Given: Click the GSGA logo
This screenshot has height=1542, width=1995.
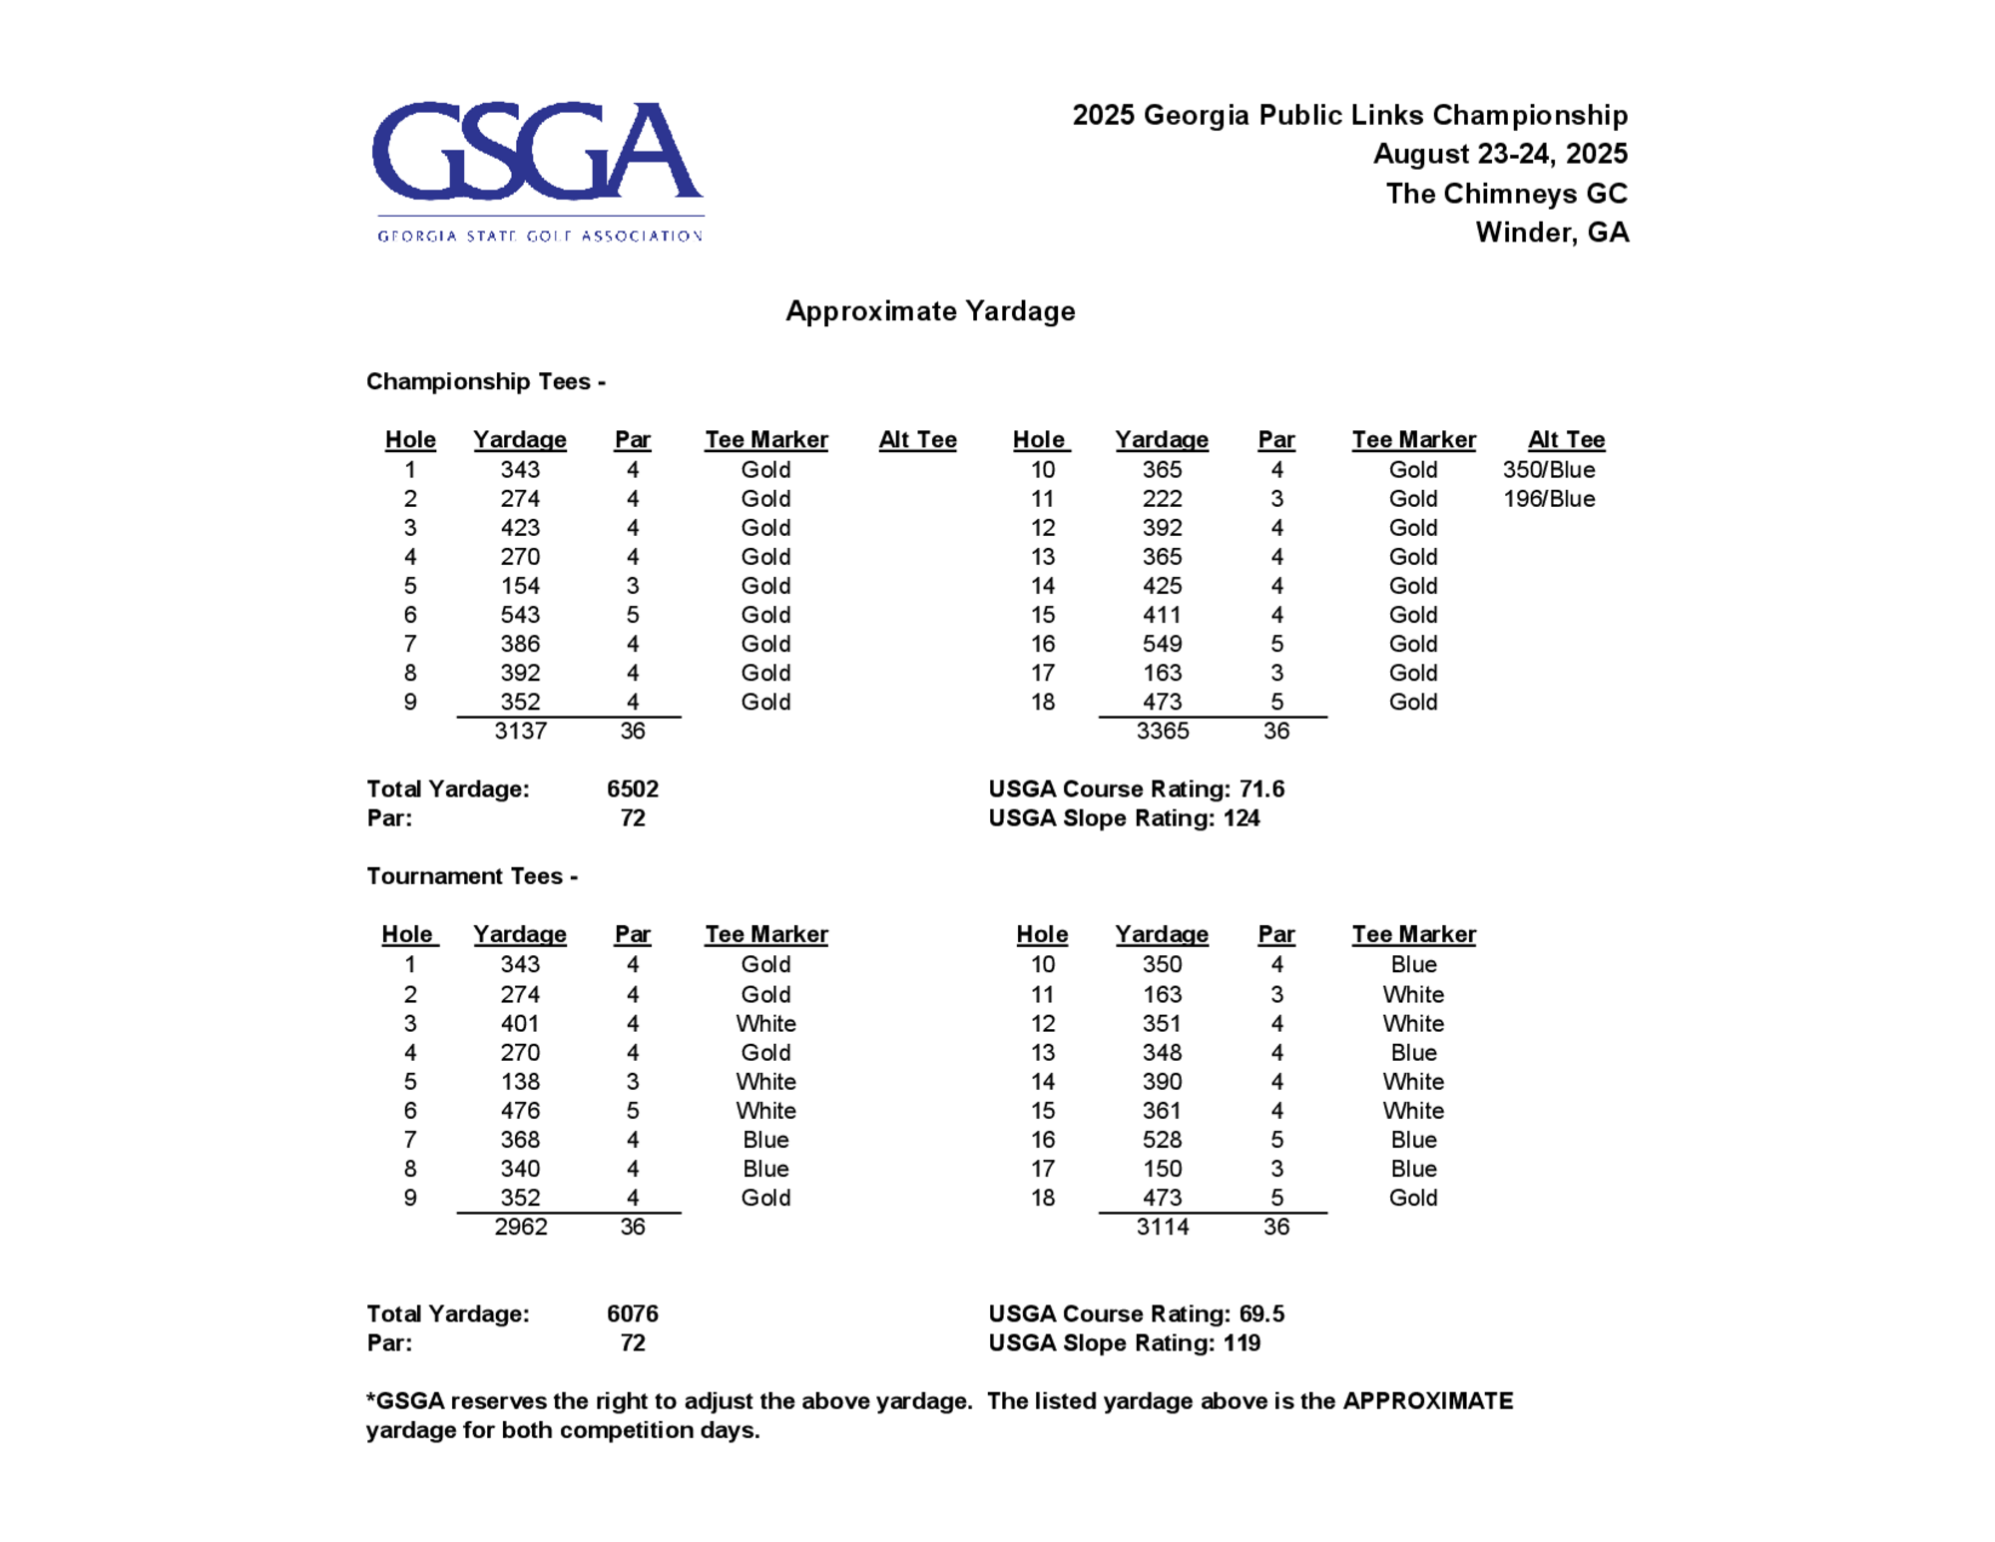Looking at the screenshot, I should point(538,170).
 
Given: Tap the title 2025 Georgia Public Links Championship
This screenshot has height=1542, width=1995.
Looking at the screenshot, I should point(1349,115).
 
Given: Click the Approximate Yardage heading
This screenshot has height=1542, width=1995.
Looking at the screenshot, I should point(930,311).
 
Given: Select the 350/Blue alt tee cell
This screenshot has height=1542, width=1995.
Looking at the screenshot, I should point(1548,470).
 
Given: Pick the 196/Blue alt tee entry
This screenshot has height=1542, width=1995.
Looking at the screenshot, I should point(1548,499).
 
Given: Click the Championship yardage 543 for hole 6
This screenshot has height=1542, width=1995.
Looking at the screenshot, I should point(520,615).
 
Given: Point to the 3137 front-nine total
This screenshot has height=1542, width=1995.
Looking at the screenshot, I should point(520,732).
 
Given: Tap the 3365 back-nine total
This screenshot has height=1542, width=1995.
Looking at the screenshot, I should point(1162,732).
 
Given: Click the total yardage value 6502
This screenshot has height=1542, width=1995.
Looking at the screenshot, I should point(632,789).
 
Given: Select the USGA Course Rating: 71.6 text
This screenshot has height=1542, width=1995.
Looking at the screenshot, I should point(1136,789).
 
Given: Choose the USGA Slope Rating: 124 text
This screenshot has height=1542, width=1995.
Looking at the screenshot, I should point(1124,818).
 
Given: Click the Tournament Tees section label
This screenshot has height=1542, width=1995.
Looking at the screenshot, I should point(471,876).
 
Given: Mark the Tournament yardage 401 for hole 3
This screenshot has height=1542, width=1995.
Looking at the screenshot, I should point(520,1024).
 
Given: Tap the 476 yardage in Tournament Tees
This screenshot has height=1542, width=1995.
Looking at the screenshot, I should point(520,1111).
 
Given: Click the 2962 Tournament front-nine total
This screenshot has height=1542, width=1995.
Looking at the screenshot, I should point(520,1228).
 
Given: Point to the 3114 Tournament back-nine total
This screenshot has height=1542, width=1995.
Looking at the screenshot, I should point(1162,1228).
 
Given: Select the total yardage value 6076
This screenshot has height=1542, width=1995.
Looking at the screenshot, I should point(632,1314).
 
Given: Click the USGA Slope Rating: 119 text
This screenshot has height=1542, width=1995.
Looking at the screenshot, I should point(1124,1343).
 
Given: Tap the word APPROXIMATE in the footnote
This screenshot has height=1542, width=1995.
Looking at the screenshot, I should point(1427,1401).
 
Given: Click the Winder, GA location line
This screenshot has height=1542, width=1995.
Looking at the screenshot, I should point(1552,233).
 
